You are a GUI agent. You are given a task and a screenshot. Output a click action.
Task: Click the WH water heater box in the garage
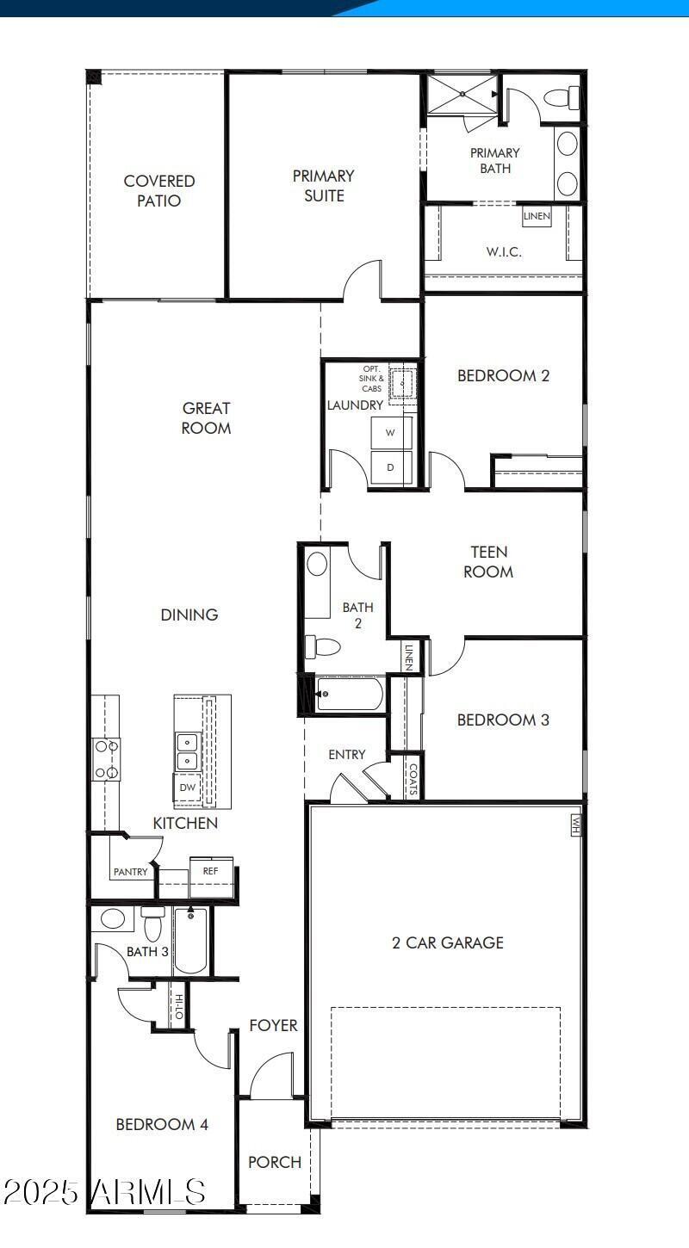(575, 825)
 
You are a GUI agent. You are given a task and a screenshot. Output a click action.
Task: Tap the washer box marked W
(390, 433)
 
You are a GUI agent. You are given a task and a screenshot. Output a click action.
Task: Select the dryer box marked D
(390, 467)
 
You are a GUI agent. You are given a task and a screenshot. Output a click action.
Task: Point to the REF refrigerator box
(211, 871)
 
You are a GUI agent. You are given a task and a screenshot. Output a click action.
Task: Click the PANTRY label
(130, 872)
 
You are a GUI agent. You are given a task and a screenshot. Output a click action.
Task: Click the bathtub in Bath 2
(349, 694)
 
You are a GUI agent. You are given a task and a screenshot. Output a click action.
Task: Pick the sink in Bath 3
(113, 918)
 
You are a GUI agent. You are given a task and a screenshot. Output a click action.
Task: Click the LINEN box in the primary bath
(537, 215)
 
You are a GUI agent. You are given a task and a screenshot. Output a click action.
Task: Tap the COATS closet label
(413, 778)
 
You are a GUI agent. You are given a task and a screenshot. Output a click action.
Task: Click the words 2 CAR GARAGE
(448, 942)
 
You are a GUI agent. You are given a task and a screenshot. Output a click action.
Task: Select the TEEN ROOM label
(488, 561)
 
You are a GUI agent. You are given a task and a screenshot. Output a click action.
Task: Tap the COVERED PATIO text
(159, 190)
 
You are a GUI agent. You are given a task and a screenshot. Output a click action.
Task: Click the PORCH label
(275, 1162)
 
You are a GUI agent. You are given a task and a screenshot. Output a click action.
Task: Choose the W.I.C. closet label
(504, 252)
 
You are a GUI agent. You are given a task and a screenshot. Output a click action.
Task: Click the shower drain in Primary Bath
(462, 92)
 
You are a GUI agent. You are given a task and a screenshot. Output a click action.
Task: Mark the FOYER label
(274, 1025)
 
